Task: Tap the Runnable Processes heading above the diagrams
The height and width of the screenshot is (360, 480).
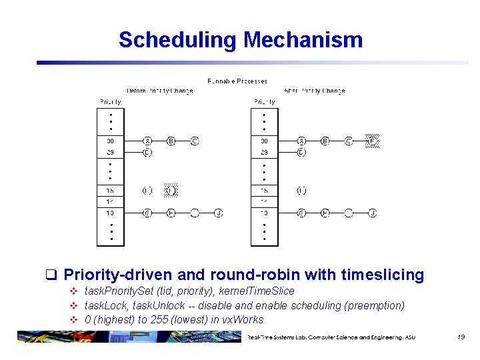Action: (x=237, y=81)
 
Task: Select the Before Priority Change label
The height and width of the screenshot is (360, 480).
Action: (x=160, y=91)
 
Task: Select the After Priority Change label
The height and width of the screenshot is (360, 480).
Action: (x=314, y=91)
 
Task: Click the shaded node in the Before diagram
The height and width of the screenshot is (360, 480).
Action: (x=171, y=191)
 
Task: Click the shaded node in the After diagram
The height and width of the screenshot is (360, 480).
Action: (x=373, y=141)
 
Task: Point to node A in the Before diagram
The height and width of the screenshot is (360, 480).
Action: (x=147, y=141)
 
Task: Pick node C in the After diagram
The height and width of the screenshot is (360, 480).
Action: (x=349, y=141)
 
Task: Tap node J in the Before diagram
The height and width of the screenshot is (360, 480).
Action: (x=219, y=213)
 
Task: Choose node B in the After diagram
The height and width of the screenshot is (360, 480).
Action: (x=325, y=141)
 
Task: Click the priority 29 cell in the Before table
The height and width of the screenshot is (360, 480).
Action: (x=111, y=153)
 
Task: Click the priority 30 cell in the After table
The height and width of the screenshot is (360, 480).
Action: (x=264, y=141)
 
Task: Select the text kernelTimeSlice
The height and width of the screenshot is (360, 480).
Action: (x=256, y=291)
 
